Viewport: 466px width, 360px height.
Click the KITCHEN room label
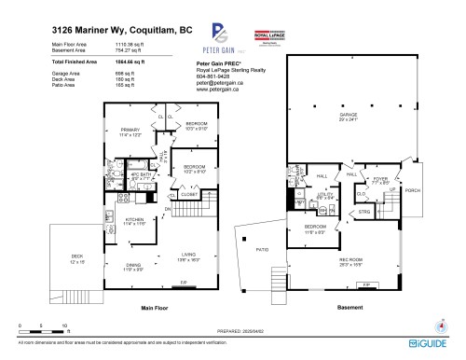pyautogui.click(x=136, y=219)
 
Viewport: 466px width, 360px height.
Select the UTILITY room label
pyautogui.click(x=326, y=194)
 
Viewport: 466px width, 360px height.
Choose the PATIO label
pyautogui.click(x=264, y=249)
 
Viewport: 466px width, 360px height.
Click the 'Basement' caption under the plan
pyautogui.click(x=349, y=306)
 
